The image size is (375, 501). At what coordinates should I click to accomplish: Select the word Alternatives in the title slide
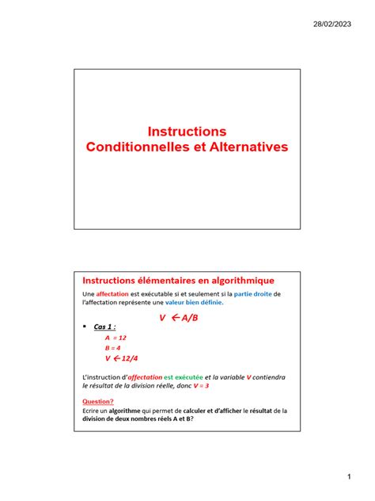tap(239, 147)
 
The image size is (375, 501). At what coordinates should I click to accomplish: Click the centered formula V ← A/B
tap(180, 317)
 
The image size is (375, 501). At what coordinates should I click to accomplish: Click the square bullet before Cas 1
tap(84, 327)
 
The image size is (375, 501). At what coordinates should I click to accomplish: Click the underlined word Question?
tap(98, 401)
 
